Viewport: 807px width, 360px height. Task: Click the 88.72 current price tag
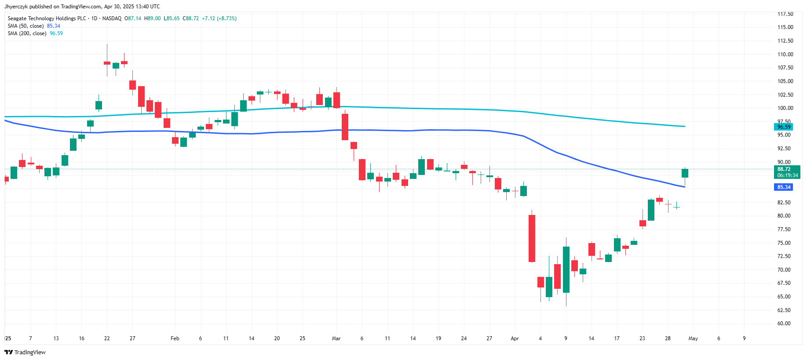pos(786,169)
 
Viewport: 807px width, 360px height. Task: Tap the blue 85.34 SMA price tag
pos(784,187)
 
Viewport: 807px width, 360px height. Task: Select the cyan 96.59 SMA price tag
pos(784,127)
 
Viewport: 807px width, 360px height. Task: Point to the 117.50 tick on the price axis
pos(785,14)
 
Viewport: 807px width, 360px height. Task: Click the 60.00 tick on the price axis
pos(784,324)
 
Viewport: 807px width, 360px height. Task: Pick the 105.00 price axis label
pos(785,81)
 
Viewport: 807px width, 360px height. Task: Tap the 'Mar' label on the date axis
pos(336,338)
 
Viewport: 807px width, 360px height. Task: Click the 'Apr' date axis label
pos(515,338)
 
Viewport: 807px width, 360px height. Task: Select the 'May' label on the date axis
pos(693,338)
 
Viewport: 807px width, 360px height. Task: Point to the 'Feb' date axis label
pos(175,338)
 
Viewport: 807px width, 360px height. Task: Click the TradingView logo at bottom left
pos(25,352)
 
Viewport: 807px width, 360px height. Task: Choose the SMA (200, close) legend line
pos(27,33)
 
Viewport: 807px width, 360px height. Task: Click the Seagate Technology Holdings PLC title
pos(47,18)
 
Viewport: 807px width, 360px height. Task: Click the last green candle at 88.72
pos(685,173)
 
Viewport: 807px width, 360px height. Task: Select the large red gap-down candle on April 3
pos(532,238)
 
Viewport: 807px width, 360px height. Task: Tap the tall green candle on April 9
pos(566,269)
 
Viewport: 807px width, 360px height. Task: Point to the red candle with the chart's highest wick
pos(107,63)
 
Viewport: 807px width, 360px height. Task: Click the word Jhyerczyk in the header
pos(16,7)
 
